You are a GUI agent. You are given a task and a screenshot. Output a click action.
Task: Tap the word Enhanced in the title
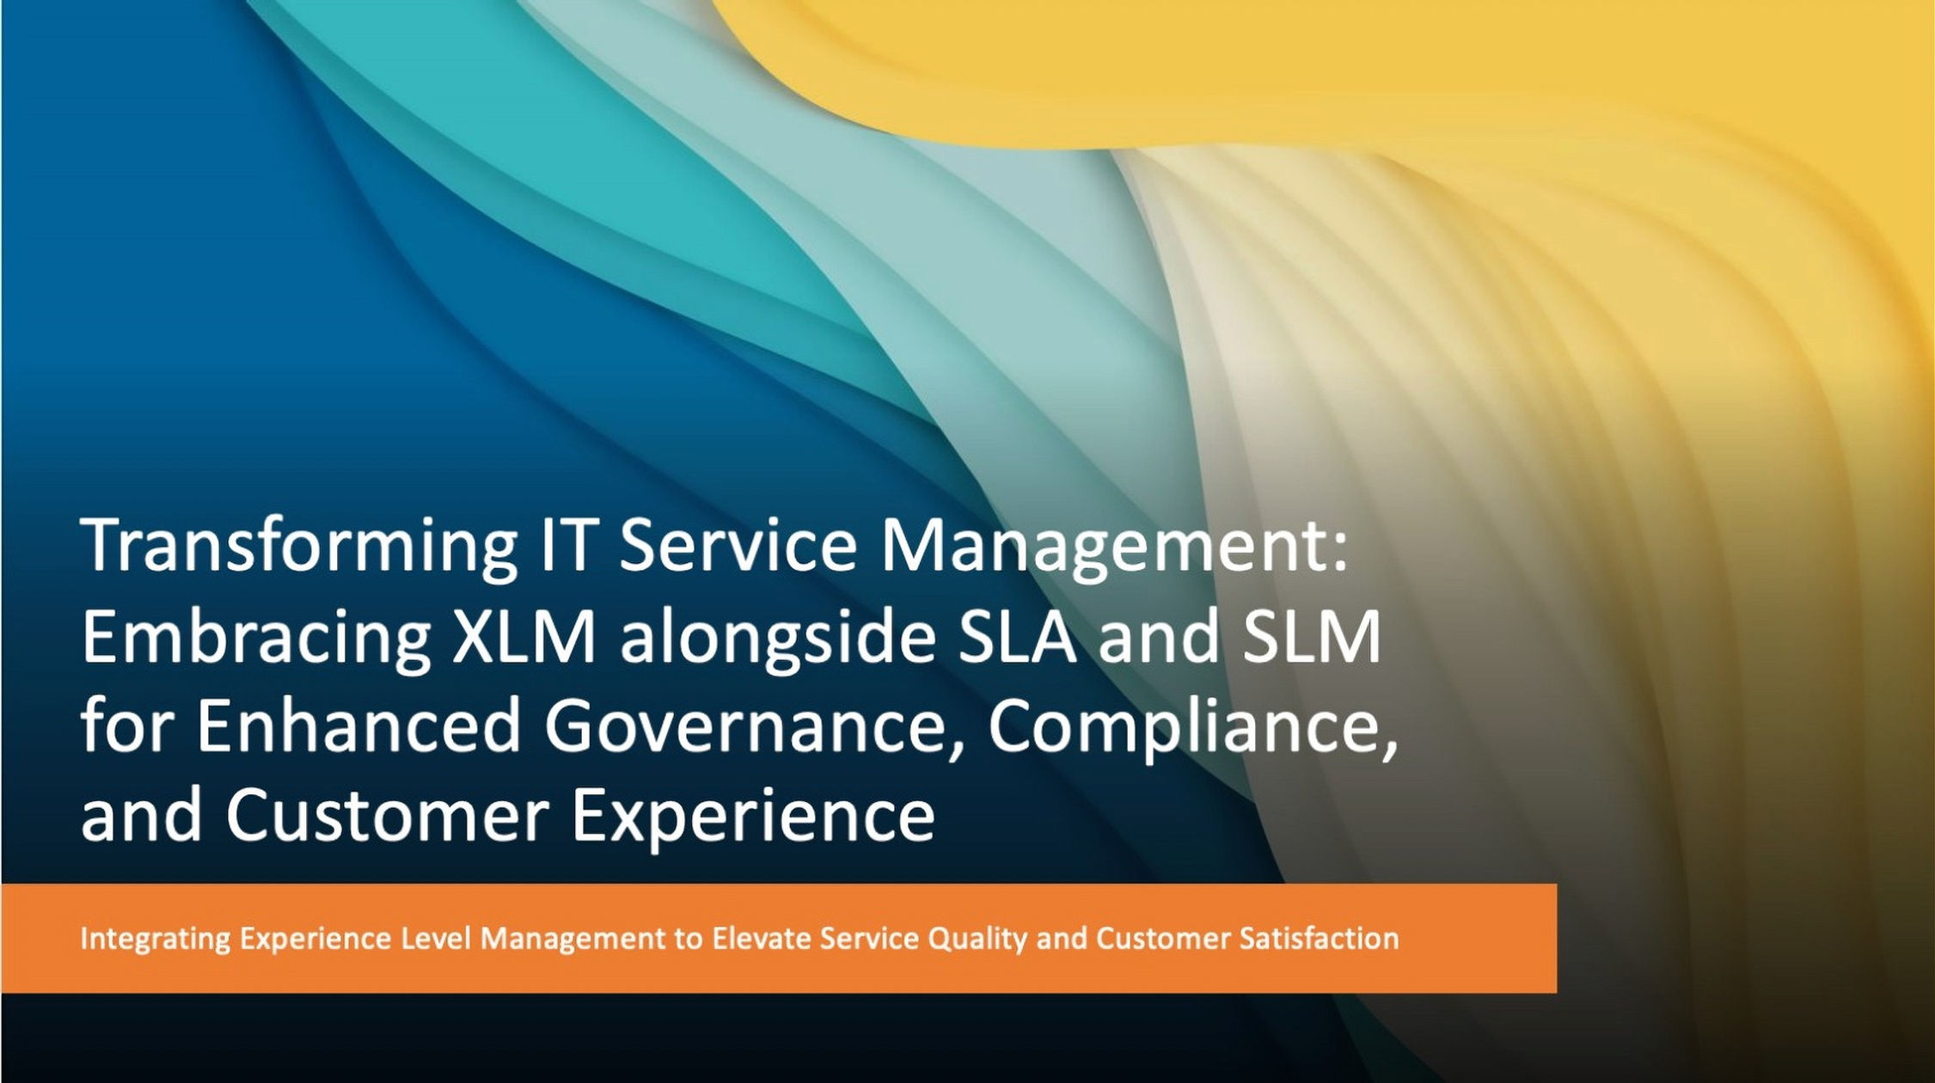[x=359, y=725]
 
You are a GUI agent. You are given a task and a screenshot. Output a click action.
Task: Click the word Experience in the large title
[x=753, y=817]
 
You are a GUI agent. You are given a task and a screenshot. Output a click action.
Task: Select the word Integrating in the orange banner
[x=155, y=939]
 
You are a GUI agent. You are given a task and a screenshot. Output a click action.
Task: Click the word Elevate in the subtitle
[x=761, y=938]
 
